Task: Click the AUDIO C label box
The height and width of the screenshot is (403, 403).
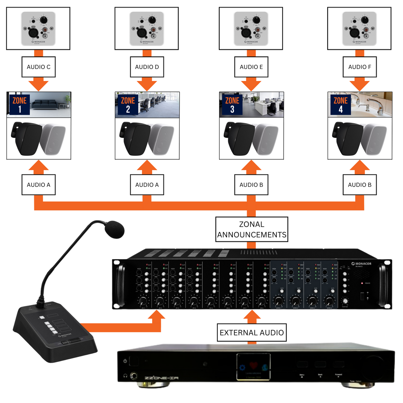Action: point(39,67)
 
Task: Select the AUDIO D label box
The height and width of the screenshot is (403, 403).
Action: point(147,67)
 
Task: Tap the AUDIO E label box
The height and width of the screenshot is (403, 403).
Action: point(251,67)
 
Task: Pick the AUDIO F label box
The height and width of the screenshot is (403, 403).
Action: point(360,67)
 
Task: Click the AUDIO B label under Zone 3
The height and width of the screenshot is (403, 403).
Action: point(251,185)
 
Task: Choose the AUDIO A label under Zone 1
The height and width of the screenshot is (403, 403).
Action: point(39,185)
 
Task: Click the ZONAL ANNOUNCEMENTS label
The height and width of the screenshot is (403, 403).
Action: point(252,229)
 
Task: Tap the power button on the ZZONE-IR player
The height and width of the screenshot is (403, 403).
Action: point(125,361)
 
